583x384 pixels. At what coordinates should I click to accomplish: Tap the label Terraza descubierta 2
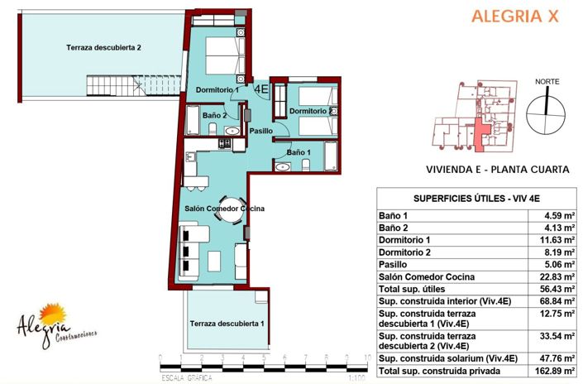[x=103, y=48]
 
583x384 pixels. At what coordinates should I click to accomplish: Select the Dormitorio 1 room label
[x=217, y=89]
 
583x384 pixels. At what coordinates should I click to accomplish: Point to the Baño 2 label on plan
[x=214, y=115]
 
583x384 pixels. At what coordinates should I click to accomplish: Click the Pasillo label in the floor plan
[x=261, y=131]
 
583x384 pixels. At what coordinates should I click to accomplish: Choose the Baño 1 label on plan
[x=299, y=152]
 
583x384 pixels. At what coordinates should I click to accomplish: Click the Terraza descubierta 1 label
[x=226, y=324]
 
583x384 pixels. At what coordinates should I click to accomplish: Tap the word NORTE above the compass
[x=546, y=81]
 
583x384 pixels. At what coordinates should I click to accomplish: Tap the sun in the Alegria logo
[x=54, y=314]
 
